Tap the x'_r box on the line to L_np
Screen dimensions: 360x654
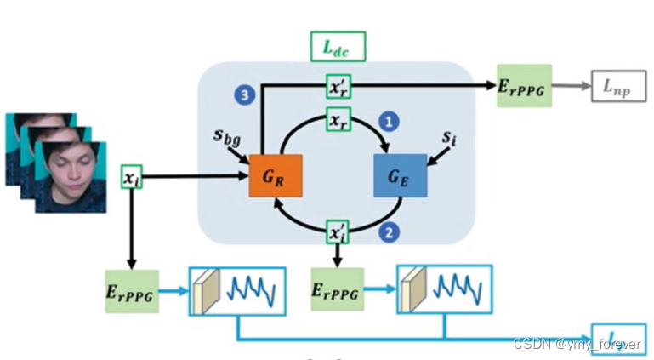click(338, 85)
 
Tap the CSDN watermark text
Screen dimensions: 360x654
click(577, 343)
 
